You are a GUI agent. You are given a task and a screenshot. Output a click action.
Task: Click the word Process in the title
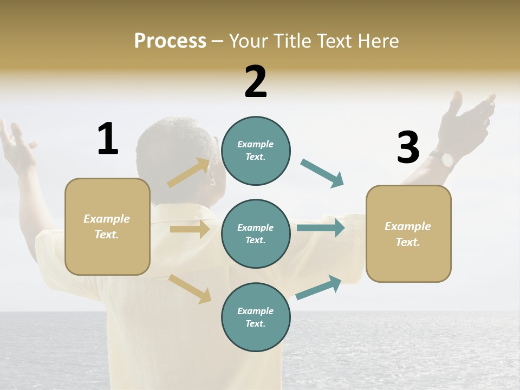click(x=170, y=41)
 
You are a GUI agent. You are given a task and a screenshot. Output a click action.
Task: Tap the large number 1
click(x=108, y=139)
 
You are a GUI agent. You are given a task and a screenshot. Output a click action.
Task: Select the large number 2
click(x=256, y=82)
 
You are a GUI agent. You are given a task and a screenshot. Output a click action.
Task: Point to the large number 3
click(x=408, y=148)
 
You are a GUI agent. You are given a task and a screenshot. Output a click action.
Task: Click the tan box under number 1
click(x=107, y=226)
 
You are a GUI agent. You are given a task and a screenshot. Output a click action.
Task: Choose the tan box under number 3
click(x=408, y=234)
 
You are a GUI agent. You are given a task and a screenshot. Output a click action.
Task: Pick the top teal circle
click(x=256, y=151)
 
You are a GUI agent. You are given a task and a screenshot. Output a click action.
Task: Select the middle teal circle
click(x=256, y=234)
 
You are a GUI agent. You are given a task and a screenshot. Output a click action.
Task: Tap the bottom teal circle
click(x=256, y=317)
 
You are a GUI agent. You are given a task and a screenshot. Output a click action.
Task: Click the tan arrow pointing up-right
click(x=188, y=173)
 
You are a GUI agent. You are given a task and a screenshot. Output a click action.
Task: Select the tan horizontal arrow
click(x=190, y=229)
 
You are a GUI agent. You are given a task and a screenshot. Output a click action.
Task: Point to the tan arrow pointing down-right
click(x=190, y=289)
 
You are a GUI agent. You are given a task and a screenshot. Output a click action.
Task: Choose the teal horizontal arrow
click(x=320, y=228)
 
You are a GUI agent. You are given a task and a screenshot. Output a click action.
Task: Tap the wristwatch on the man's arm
click(x=447, y=159)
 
